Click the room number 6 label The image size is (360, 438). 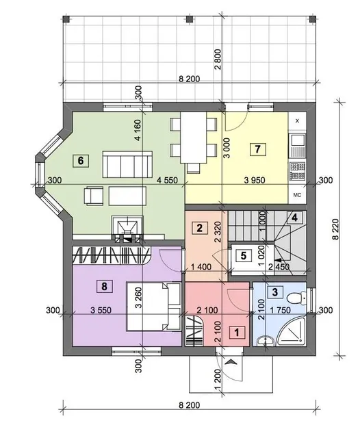coord(81,161)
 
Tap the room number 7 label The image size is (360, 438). coord(258,149)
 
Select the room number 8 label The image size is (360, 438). coord(104,286)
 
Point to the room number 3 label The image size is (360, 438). coord(275,292)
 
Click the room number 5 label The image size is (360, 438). coord(243,255)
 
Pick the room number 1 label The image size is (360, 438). coord(237,333)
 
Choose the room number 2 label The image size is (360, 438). coord(199,228)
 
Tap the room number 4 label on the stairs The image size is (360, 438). coord(294,217)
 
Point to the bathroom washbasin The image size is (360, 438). coord(266,341)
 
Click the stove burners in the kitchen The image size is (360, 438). coord(297,171)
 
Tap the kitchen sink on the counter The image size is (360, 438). coord(297,145)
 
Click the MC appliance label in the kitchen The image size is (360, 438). coord(297,195)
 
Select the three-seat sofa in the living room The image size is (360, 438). coord(127,164)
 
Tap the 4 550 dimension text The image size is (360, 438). coord(167,180)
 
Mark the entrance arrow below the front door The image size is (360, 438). coord(231,362)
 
